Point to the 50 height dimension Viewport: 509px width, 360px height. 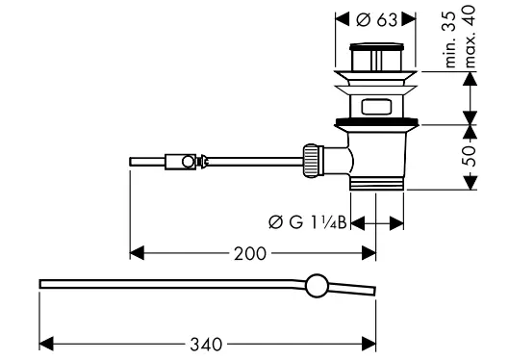pyautogui.click(x=470, y=156)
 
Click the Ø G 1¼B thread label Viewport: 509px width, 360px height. pyautogui.click(x=309, y=223)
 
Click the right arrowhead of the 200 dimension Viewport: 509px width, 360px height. pyautogui.click(x=369, y=253)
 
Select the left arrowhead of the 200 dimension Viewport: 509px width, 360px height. pyautogui.click(x=136, y=253)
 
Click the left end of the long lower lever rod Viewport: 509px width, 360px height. pyautogui.click(x=42, y=283)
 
